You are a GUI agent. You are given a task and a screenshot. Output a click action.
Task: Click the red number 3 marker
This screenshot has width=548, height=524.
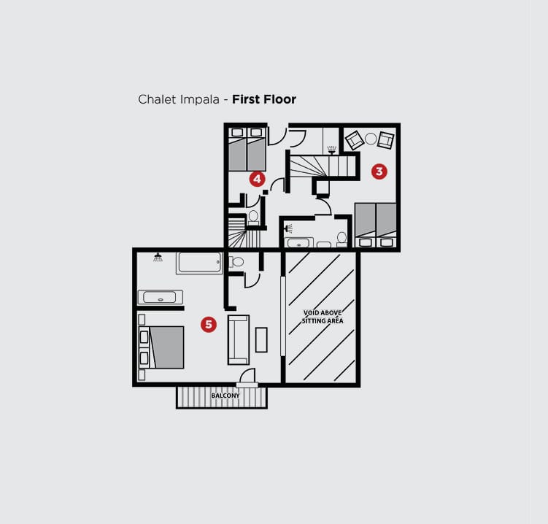(379, 172)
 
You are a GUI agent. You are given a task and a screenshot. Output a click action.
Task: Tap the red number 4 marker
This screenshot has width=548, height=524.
(258, 179)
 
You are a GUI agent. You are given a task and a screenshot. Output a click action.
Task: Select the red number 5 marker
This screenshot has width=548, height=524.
(209, 324)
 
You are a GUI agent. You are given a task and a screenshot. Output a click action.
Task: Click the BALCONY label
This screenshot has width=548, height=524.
(225, 396)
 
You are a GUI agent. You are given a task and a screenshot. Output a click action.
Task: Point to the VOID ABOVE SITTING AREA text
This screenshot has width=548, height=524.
(323, 317)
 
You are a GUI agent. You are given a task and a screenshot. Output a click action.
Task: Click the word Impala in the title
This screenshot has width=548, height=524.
(200, 100)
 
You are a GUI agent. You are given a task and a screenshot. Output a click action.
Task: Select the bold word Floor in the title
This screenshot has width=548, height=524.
(280, 99)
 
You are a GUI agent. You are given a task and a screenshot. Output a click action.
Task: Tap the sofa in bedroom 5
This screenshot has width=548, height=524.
(239, 340)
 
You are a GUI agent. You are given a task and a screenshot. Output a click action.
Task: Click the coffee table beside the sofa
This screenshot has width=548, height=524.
(261, 339)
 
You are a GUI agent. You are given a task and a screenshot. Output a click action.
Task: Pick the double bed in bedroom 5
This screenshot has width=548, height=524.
(161, 347)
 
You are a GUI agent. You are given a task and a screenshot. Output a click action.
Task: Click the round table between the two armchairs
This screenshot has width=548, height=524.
(371, 139)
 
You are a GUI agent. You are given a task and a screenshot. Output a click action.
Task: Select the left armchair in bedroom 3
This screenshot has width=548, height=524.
(355, 140)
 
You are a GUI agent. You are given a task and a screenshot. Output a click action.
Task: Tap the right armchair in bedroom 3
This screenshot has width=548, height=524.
(386, 140)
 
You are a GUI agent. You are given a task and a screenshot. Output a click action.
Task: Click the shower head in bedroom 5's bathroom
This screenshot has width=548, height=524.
(158, 258)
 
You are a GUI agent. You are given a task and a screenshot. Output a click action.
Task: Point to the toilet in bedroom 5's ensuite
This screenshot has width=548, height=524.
(236, 261)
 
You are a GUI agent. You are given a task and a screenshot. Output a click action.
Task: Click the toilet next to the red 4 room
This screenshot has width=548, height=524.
(253, 217)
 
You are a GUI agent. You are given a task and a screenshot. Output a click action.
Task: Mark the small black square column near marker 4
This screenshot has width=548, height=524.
(266, 192)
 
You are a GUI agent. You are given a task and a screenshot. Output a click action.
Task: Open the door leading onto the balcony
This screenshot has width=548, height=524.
(247, 377)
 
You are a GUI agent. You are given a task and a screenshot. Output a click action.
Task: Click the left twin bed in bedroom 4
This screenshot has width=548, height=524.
(238, 150)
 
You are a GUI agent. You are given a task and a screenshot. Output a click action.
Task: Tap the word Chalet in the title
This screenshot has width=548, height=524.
(158, 99)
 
